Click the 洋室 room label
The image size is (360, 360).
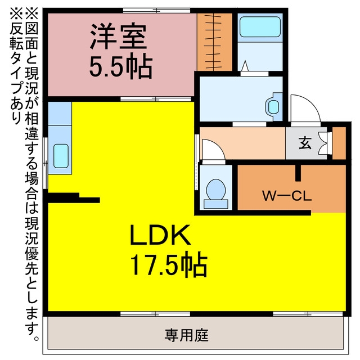(118, 36)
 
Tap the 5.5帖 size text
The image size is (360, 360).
(121, 66)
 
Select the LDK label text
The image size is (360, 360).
(160, 235)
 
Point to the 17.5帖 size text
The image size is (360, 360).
(169, 264)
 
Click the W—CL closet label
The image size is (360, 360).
(287, 196)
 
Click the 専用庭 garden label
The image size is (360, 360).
(186, 335)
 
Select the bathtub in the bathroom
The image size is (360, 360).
(260, 27)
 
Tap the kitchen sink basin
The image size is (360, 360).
(61, 156)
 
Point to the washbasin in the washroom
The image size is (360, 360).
(274, 107)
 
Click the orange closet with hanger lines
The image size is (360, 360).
(214, 42)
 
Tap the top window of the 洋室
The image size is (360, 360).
(156, 10)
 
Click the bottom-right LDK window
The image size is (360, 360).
(308, 314)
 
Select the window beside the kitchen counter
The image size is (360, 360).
(46, 163)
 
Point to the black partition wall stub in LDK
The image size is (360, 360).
(74, 198)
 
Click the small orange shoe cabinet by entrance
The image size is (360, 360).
(339, 143)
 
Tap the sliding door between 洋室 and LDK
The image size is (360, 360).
(156, 99)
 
